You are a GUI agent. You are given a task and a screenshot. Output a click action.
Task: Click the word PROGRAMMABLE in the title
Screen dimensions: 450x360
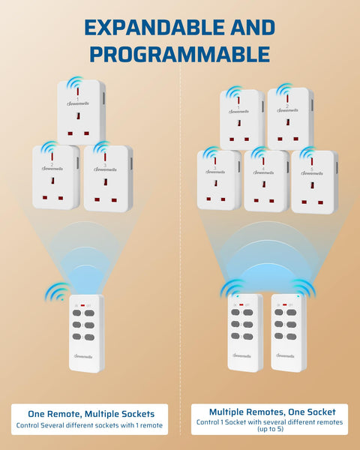coord(179,54)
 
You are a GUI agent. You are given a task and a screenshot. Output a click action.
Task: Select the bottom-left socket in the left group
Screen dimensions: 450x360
coord(55,178)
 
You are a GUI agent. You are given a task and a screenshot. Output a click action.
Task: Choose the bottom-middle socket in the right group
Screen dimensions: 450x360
coord(265,181)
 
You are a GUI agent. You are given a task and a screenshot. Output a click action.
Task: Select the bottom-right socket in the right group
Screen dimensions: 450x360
coord(314,181)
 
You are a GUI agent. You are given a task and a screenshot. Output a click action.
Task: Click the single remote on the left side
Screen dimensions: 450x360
coord(86,333)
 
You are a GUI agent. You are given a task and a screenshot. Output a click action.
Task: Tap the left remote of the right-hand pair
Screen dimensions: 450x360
coord(245,331)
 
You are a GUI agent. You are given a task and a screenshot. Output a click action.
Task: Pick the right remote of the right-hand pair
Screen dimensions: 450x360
coord(289,331)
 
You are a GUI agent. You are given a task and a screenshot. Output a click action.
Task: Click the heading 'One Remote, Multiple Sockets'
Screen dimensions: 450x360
coord(91,413)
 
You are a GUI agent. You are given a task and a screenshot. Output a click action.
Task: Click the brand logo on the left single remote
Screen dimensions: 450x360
coord(86,356)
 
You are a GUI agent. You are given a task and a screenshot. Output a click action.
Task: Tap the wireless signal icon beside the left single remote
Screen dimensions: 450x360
coord(56,293)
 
